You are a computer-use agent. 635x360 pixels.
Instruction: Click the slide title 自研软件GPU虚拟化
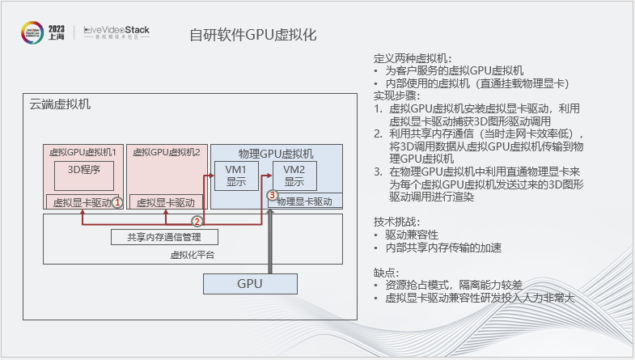point(252,35)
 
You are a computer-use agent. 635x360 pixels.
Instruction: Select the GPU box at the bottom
point(249,284)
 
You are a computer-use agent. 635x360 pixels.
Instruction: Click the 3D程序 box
point(83,170)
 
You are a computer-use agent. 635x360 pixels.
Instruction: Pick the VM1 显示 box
point(235,176)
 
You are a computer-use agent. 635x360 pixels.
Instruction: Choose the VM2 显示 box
point(294,176)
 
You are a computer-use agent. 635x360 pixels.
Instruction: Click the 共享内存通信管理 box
point(164,237)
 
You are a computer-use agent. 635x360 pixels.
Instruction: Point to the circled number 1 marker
point(117,201)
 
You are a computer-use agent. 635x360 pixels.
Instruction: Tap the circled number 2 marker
point(196,220)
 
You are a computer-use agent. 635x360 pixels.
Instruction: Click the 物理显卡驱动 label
point(304,201)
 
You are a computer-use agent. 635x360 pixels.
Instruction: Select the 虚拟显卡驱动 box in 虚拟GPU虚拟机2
point(165,202)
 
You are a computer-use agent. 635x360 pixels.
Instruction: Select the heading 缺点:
point(386,273)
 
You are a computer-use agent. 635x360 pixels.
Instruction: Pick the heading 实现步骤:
point(394,95)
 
